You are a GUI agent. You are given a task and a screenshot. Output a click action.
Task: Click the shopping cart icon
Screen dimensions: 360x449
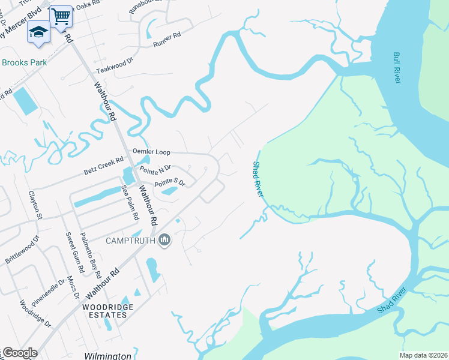[x=60, y=16]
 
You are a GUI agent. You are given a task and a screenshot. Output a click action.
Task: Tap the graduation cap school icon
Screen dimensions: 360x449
[x=38, y=32]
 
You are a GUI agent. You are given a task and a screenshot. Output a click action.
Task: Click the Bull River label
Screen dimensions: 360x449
[x=397, y=68]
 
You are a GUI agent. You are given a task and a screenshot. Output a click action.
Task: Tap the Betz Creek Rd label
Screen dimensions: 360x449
[x=103, y=166]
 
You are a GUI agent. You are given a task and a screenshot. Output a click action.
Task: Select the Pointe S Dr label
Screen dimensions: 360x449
[x=170, y=182]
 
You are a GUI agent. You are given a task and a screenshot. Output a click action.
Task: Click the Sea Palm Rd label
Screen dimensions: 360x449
[x=130, y=202]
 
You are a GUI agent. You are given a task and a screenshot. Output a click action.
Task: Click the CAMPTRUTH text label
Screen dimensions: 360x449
[x=130, y=241]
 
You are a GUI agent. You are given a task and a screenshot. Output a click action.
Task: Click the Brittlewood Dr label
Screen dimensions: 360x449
[x=22, y=251]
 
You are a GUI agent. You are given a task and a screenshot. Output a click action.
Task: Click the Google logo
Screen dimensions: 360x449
[x=20, y=353]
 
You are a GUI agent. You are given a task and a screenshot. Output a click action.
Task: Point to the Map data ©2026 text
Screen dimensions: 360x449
[x=423, y=355]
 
